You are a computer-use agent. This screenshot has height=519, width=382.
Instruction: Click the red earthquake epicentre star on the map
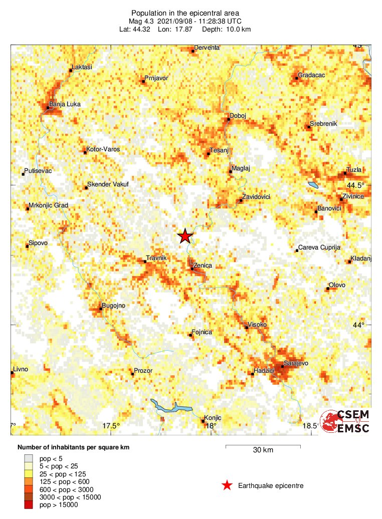pyautogui.click(x=185, y=236)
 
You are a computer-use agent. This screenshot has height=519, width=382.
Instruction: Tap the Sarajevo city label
pyautogui.click(x=296, y=363)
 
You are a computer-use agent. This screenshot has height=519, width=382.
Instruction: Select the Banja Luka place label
pyautogui.click(x=65, y=104)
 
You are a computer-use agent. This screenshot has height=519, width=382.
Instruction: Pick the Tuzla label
pyautogui.click(x=354, y=170)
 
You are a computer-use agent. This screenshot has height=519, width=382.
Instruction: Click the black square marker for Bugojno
pyautogui.click(x=101, y=309)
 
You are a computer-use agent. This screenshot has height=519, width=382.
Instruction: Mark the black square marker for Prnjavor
pyautogui.click(x=144, y=81)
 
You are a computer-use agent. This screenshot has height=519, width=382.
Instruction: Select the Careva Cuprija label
pyautogui.click(x=319, y=247)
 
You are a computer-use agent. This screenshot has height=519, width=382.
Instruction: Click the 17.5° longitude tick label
pyautogui.click(x=111, y=426)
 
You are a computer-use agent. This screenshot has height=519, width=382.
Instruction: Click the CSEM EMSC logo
pyautogui.click(x=345, y=421)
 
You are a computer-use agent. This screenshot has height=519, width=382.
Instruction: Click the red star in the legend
pyautogui.click(x=227, y=485)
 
